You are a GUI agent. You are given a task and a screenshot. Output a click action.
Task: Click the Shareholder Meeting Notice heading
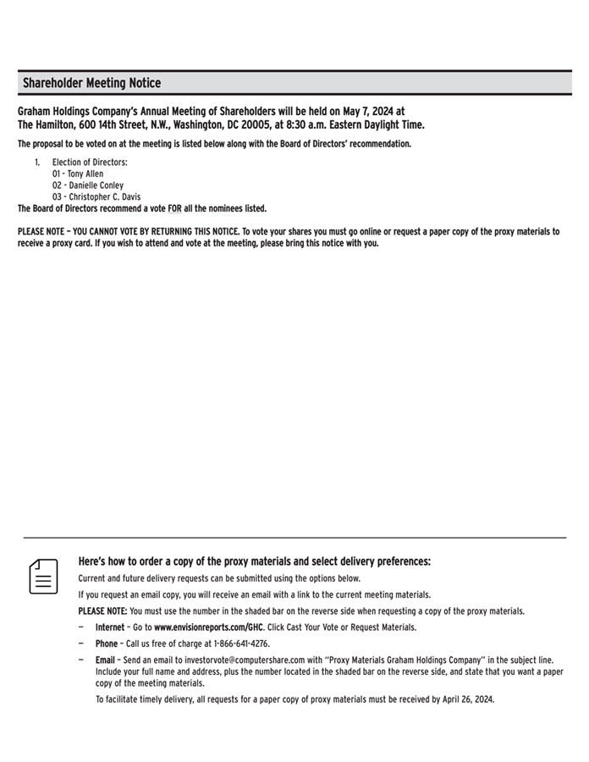click(x=91, y=83)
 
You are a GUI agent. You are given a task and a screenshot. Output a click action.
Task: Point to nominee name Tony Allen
click(x=85, y=174)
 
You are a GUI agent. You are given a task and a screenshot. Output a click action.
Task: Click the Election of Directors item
click(x=90, y=162)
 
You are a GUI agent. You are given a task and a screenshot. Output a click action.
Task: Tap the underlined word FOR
click(x=175, y=208)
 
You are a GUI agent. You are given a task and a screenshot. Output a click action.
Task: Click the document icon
click(x=44, y=576)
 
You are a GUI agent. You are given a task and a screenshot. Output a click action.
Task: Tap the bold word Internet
click(x=109, y=627)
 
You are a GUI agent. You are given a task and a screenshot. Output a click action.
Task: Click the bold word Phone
click(x=107, y=643)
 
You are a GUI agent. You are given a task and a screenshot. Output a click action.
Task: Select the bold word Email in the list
click(x=105, y=660)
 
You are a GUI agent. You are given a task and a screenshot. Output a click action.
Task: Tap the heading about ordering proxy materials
click(x=254, y=561)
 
